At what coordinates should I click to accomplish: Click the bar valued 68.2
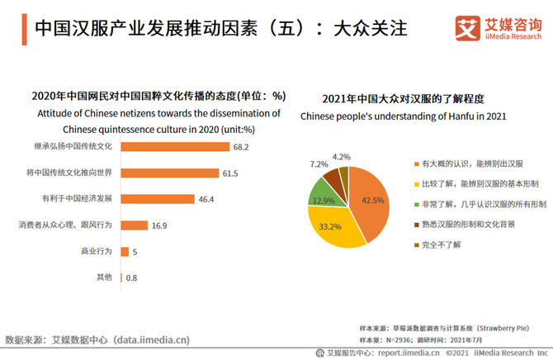click(175, 147)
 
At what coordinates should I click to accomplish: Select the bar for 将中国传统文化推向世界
click(170, 173)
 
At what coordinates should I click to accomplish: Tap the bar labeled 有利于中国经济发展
click(158, 199)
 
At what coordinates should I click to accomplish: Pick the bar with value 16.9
click(135, 225)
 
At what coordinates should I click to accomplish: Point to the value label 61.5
click(230, 173)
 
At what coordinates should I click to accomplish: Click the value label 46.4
click(206, 199)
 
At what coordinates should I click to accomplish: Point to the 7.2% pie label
click(319, 164)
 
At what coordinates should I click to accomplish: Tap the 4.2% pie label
click(341, 156)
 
